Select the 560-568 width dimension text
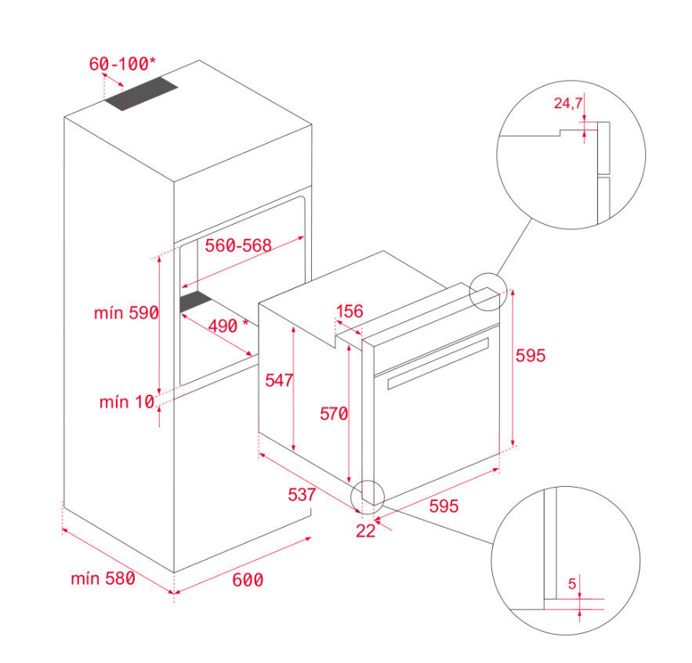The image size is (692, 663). click(x=238, y=245)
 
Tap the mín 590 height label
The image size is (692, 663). click(x=126, y=313)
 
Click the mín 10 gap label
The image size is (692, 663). click(x=126, y=402)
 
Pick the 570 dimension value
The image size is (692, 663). click(x=333, y=413)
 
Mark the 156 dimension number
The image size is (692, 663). click(x=350, y=312)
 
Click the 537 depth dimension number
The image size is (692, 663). click(x=301, y=495)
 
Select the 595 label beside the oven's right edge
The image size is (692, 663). click(x=530, y=355)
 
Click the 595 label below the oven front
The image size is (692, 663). click(x=443, y=506)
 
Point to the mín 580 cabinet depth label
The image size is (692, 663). click(x=103, y=579)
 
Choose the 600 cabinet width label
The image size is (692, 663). click(x=248, y=580)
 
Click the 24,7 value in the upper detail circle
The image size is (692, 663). click(x=568, y=103)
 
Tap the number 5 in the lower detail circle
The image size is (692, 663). click(x=571, y=583)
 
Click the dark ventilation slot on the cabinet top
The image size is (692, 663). click(x=142, y=95)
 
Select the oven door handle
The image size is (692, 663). click(x=439, y=362)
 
